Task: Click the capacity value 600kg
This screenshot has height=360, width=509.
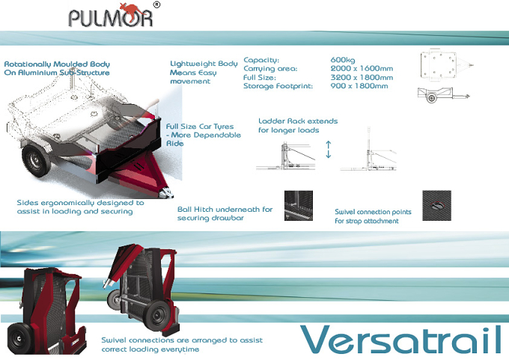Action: (343, 60)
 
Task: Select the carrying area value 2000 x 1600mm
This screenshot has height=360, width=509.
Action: (362, 69)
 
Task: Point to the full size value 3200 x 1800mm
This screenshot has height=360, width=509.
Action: (362, 78)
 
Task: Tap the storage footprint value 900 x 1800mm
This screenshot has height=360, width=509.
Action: (359, 86)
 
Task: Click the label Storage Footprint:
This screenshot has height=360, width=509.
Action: (278, 86)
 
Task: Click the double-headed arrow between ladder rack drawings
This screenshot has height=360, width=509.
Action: (328, 150)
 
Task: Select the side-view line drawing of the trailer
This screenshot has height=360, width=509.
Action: (443, 94)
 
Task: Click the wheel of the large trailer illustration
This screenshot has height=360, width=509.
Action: (36, 161)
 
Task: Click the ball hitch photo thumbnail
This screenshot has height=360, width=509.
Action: (299, 206)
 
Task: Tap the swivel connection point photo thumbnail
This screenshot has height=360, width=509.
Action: (436, 206)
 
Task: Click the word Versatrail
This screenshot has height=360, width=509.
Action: (401, 340)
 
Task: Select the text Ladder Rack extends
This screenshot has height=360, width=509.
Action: (298, 121)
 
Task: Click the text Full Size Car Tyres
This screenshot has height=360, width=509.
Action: (200, 126)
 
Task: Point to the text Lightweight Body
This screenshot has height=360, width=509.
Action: (204, 64)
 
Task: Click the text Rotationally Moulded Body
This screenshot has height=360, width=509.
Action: (57, 64)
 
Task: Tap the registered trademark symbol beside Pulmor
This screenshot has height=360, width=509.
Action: (156, 4)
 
